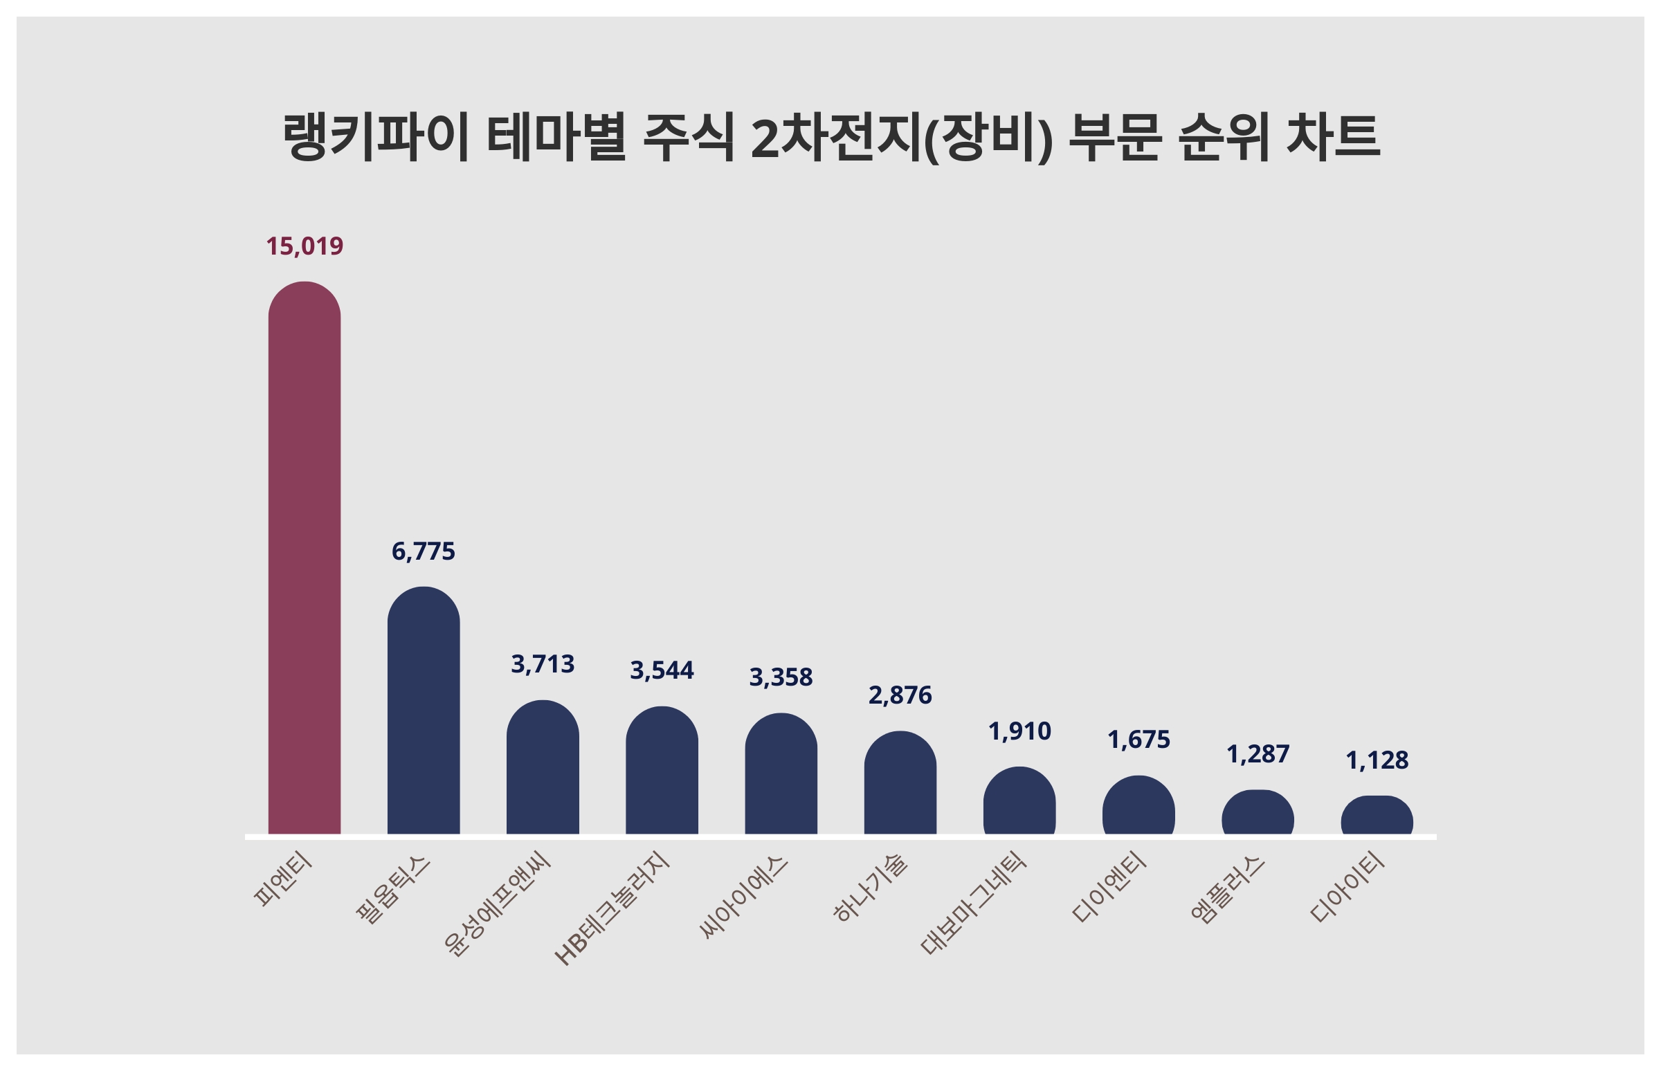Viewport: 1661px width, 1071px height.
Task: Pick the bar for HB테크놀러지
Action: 662,770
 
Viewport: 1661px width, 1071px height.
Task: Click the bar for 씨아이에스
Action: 781,773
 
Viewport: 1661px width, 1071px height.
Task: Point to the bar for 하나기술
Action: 900,782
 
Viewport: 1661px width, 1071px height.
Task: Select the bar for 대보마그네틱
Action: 1019,800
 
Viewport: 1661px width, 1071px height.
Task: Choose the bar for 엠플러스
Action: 1258,812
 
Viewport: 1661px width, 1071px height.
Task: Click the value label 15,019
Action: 305,246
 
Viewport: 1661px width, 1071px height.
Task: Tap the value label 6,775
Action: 423,551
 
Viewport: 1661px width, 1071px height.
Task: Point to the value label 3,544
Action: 662,670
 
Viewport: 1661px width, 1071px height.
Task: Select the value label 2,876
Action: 900,695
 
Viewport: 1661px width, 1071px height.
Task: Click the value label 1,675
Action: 1138,740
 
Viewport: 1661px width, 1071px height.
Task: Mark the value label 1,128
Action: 1377,761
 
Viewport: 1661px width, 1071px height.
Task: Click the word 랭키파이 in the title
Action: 376,137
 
